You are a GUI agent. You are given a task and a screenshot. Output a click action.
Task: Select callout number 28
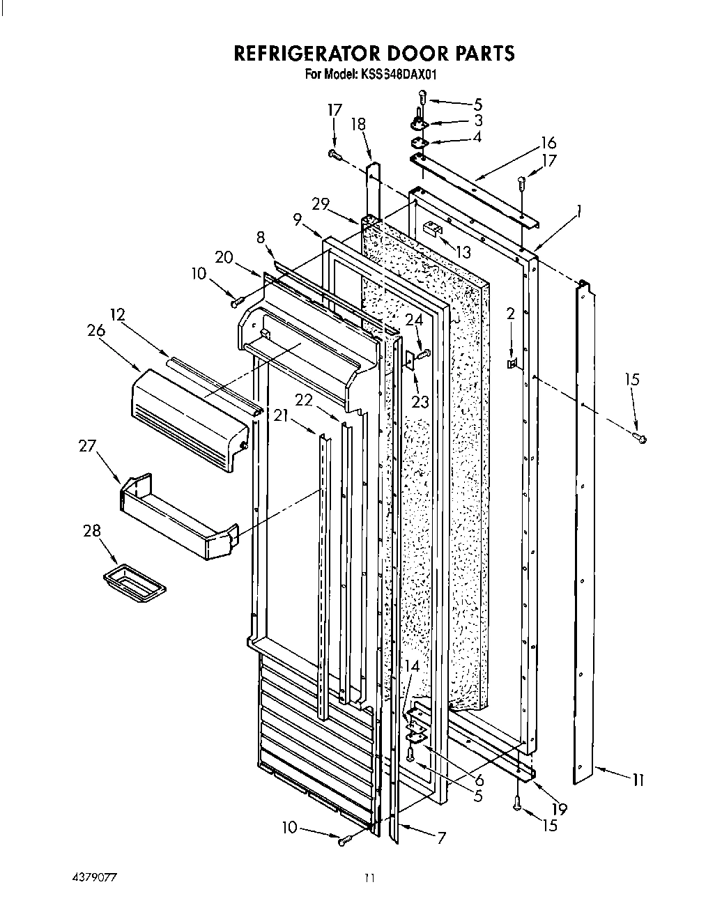[91, 531]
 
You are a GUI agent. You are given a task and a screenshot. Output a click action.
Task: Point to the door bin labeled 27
[177, 516]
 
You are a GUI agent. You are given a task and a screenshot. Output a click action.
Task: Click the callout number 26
[97, 331]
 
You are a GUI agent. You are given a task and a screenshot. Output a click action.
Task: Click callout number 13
[463, 252]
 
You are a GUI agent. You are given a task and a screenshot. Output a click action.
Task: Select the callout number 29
[321, 205]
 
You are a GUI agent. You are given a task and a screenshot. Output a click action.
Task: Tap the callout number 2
[511, 314]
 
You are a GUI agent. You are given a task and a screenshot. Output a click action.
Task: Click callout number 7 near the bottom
[441, 838]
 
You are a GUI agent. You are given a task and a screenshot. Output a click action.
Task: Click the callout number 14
[412, 666]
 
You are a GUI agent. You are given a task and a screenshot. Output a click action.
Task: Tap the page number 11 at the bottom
[369, 878]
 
